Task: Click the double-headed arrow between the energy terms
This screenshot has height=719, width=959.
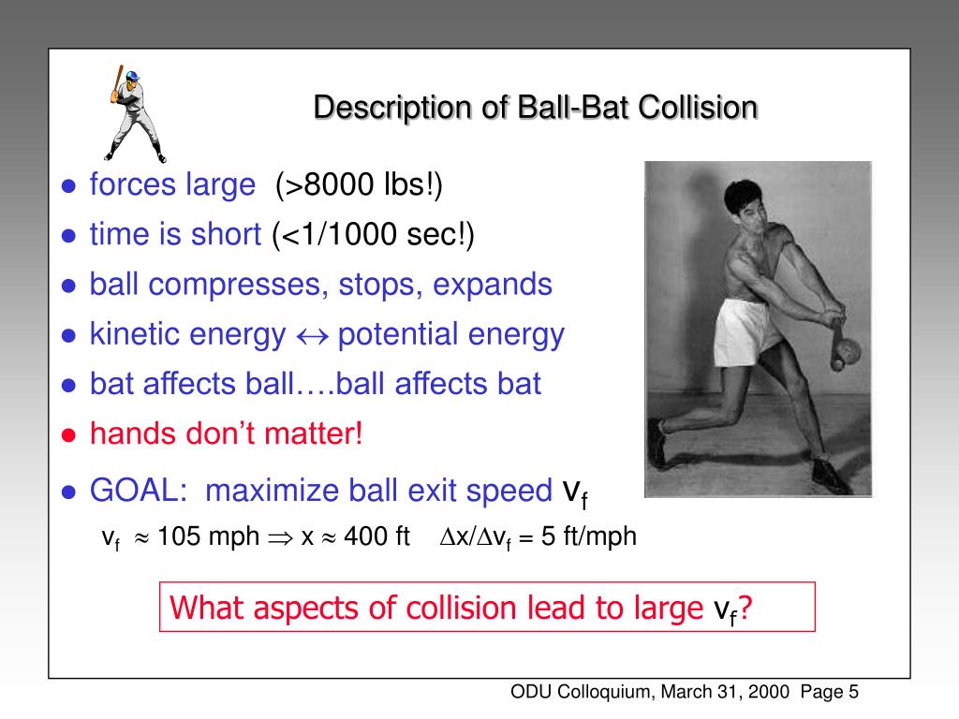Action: (312, 335)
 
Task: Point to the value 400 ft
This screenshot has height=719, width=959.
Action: (376, 536)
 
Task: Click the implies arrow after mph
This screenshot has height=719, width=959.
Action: (280, 537)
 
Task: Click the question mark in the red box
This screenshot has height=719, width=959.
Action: (746, 609)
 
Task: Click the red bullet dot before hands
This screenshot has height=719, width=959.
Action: (68, 435)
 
